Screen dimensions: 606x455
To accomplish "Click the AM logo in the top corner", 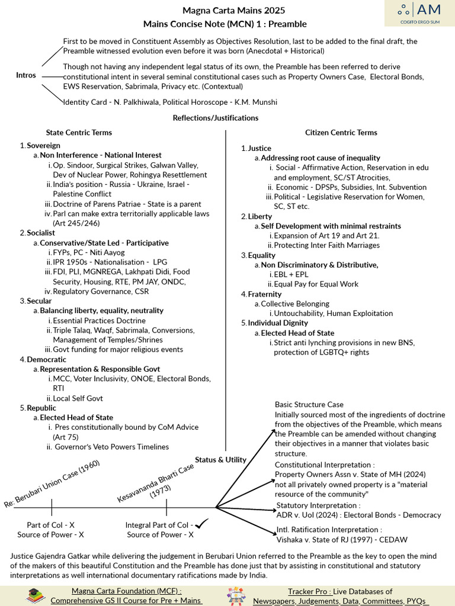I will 418,12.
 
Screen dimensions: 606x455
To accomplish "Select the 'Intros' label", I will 26,75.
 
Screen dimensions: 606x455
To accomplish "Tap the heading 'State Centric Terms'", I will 79,133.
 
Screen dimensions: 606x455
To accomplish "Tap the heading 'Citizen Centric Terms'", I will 341,133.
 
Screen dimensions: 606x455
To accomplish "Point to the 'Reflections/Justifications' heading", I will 216,118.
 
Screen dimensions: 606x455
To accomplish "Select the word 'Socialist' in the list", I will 41,233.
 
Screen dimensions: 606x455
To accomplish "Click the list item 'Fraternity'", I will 265,294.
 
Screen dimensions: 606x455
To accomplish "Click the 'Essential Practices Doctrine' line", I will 91,321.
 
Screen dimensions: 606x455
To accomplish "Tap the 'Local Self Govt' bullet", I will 78,398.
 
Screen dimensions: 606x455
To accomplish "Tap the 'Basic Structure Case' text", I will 309,405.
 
